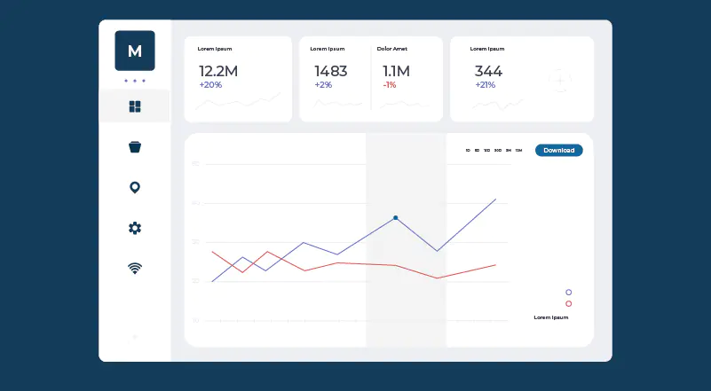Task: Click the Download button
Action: pos(558,151)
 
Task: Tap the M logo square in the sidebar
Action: pos(135,51)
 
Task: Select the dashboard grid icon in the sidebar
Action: pos(135,107)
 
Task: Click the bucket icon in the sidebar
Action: pos(135,147)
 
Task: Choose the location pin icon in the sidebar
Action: pos(135,187)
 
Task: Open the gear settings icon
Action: pos(135,228)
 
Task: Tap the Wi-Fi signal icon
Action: pos(135,268)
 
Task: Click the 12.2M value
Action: pos(217,71)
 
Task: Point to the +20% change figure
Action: pos(210,85)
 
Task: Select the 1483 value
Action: pos(330,71)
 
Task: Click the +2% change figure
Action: pos(323,85)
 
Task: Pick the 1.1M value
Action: pos(396,71)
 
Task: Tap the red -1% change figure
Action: pos(390,85)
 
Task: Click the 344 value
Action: pos(488,71)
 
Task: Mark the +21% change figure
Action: pos(485,85)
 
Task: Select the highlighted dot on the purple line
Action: pos(395,217)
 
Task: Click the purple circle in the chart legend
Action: pos(568,292)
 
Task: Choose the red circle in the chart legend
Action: pos(568,303)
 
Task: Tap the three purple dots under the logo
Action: pos(135,81)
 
